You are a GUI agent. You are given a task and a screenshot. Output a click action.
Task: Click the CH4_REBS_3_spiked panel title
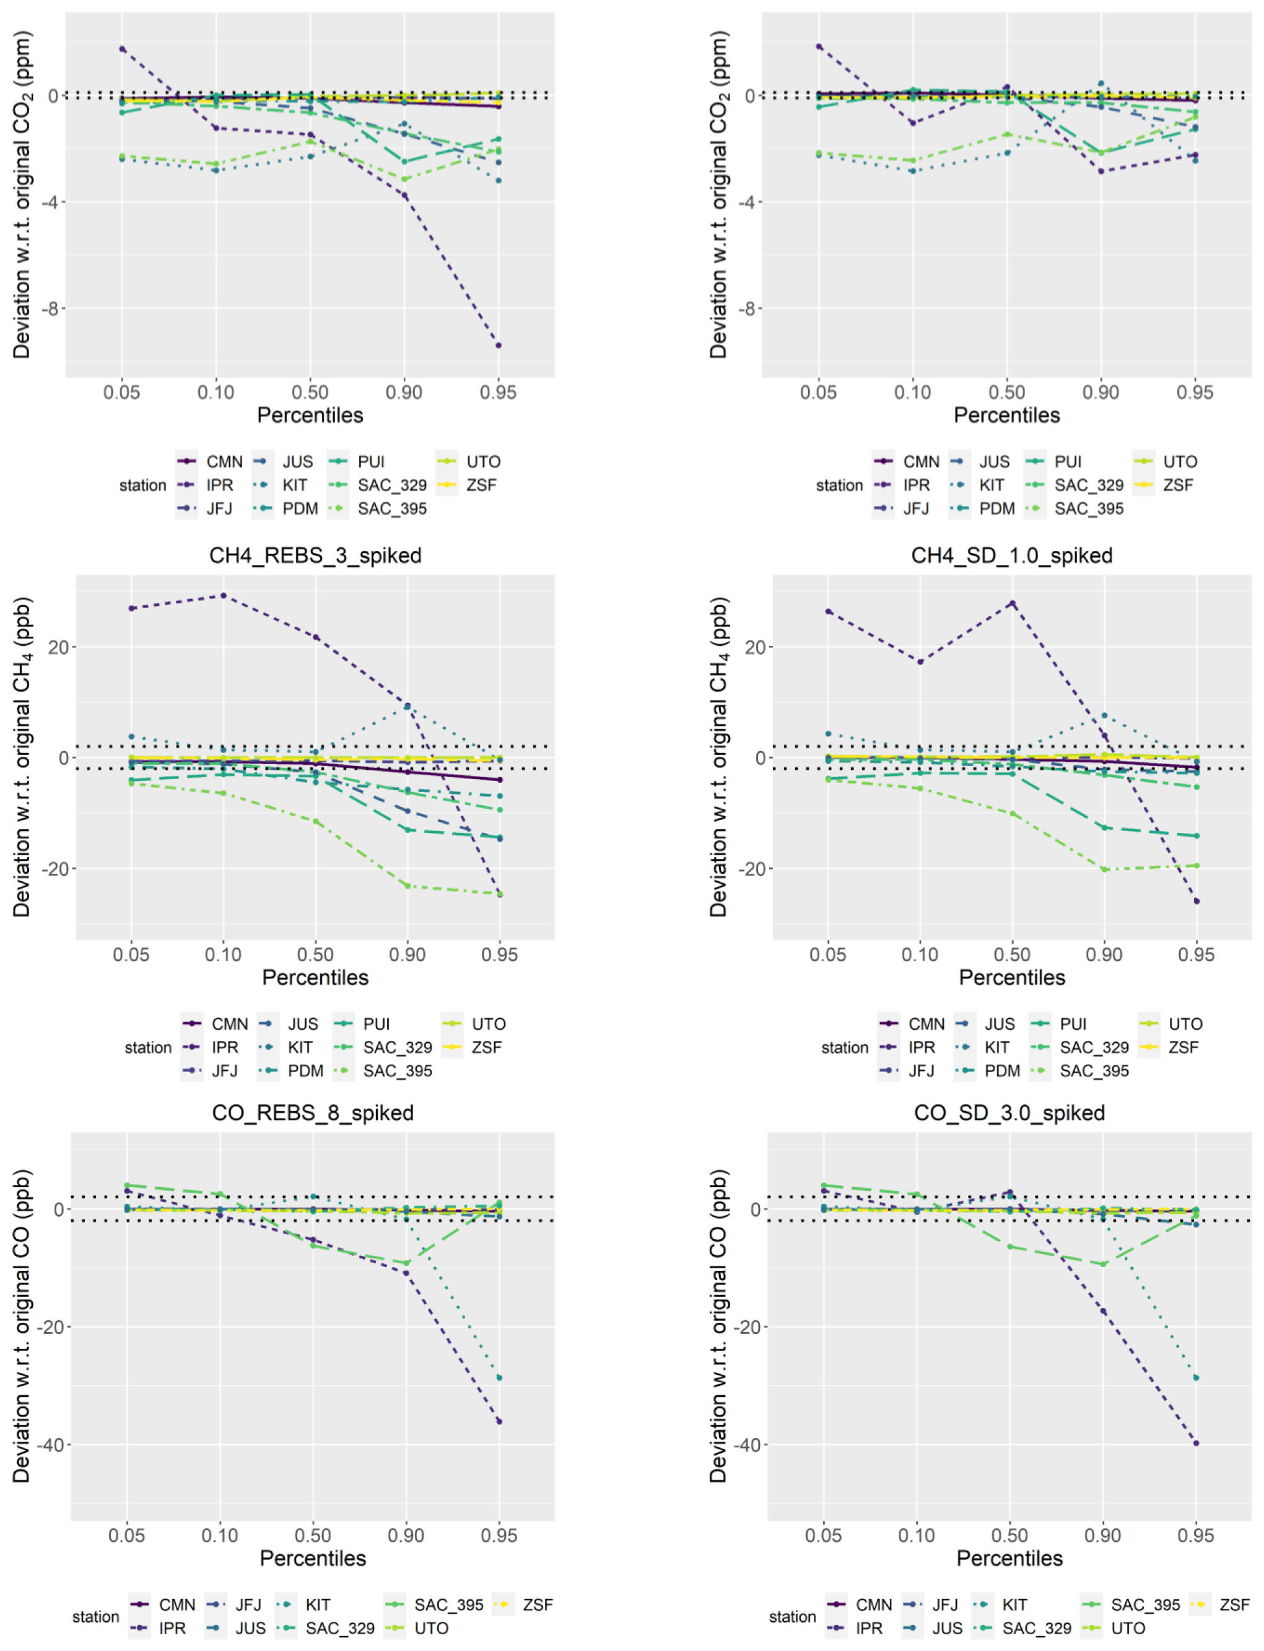(x=315, y=556)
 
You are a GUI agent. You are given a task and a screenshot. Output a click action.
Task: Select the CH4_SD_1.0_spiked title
(x=1011, y=556)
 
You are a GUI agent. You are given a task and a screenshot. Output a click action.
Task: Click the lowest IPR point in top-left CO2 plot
(x=498, y=345)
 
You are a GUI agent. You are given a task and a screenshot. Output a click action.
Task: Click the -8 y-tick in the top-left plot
(x=50, y=308)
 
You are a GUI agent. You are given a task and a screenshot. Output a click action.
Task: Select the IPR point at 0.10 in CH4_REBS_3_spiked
(x=223, y=596)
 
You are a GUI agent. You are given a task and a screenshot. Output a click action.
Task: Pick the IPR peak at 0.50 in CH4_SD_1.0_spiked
(x=1012, y=603)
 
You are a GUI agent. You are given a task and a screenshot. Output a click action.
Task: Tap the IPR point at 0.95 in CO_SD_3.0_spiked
(x=1195, y=1443)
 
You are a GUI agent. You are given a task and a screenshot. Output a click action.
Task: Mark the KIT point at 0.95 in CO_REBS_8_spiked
(x=499, y=1378)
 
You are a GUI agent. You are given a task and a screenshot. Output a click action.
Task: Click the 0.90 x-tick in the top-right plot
(x=1100, y=392)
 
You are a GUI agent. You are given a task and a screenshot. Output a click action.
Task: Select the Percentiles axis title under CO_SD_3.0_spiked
(x=1009, y=1557)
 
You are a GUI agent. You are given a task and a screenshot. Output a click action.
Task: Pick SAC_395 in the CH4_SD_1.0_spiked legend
(x=1094, y=1070)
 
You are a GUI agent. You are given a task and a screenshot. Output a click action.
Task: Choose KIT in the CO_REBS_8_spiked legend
(x=318, y=1605)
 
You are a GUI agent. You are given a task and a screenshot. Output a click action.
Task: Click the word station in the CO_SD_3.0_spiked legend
(x=791, y=1616)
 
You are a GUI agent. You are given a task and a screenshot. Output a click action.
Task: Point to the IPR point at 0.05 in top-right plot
(x=819, y=46)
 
